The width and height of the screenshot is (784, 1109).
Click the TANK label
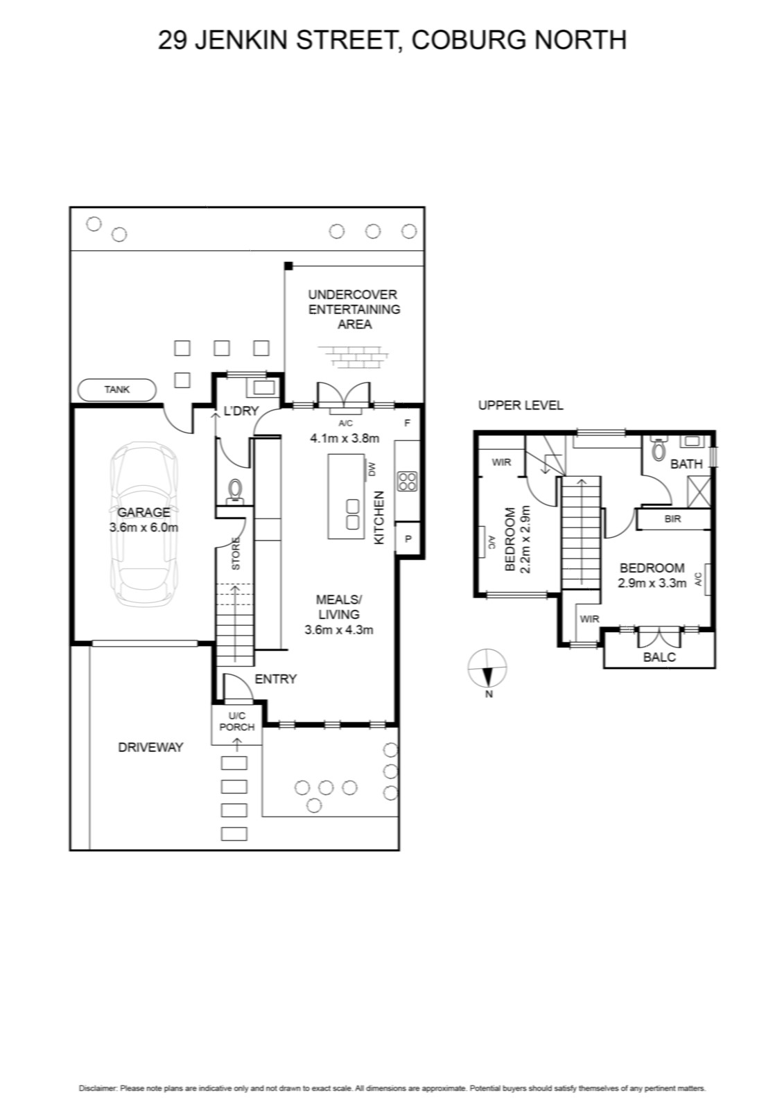coord(117,390)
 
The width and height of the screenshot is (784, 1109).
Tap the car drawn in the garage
coord(143,524)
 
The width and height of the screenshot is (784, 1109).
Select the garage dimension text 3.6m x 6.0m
coord(143,527)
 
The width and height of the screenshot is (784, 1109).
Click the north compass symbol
coord(487,668)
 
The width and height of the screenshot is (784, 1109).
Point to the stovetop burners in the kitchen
coord(407,482)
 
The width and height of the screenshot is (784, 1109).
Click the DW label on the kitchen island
coord(372,469)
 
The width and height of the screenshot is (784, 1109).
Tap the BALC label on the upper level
coord(659,657)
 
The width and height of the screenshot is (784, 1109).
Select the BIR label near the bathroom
coord(672,519)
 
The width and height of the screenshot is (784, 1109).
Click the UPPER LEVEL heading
coord(521,405)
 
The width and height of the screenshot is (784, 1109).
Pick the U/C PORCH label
coord(237,722)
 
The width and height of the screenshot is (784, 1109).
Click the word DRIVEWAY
coord(150,747)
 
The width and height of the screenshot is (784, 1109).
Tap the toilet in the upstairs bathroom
coord(659,448)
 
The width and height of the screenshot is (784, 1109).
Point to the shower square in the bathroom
coord(699,492)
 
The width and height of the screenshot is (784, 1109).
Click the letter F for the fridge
coord(408,423)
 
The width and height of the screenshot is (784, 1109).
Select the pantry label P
coord(408,539)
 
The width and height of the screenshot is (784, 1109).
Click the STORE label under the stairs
coord(236,553)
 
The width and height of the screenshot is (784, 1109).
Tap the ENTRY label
coord(275,679)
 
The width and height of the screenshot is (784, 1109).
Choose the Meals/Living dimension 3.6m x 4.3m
coord(339,630)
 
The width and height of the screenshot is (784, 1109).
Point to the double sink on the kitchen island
coord(352,514)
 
